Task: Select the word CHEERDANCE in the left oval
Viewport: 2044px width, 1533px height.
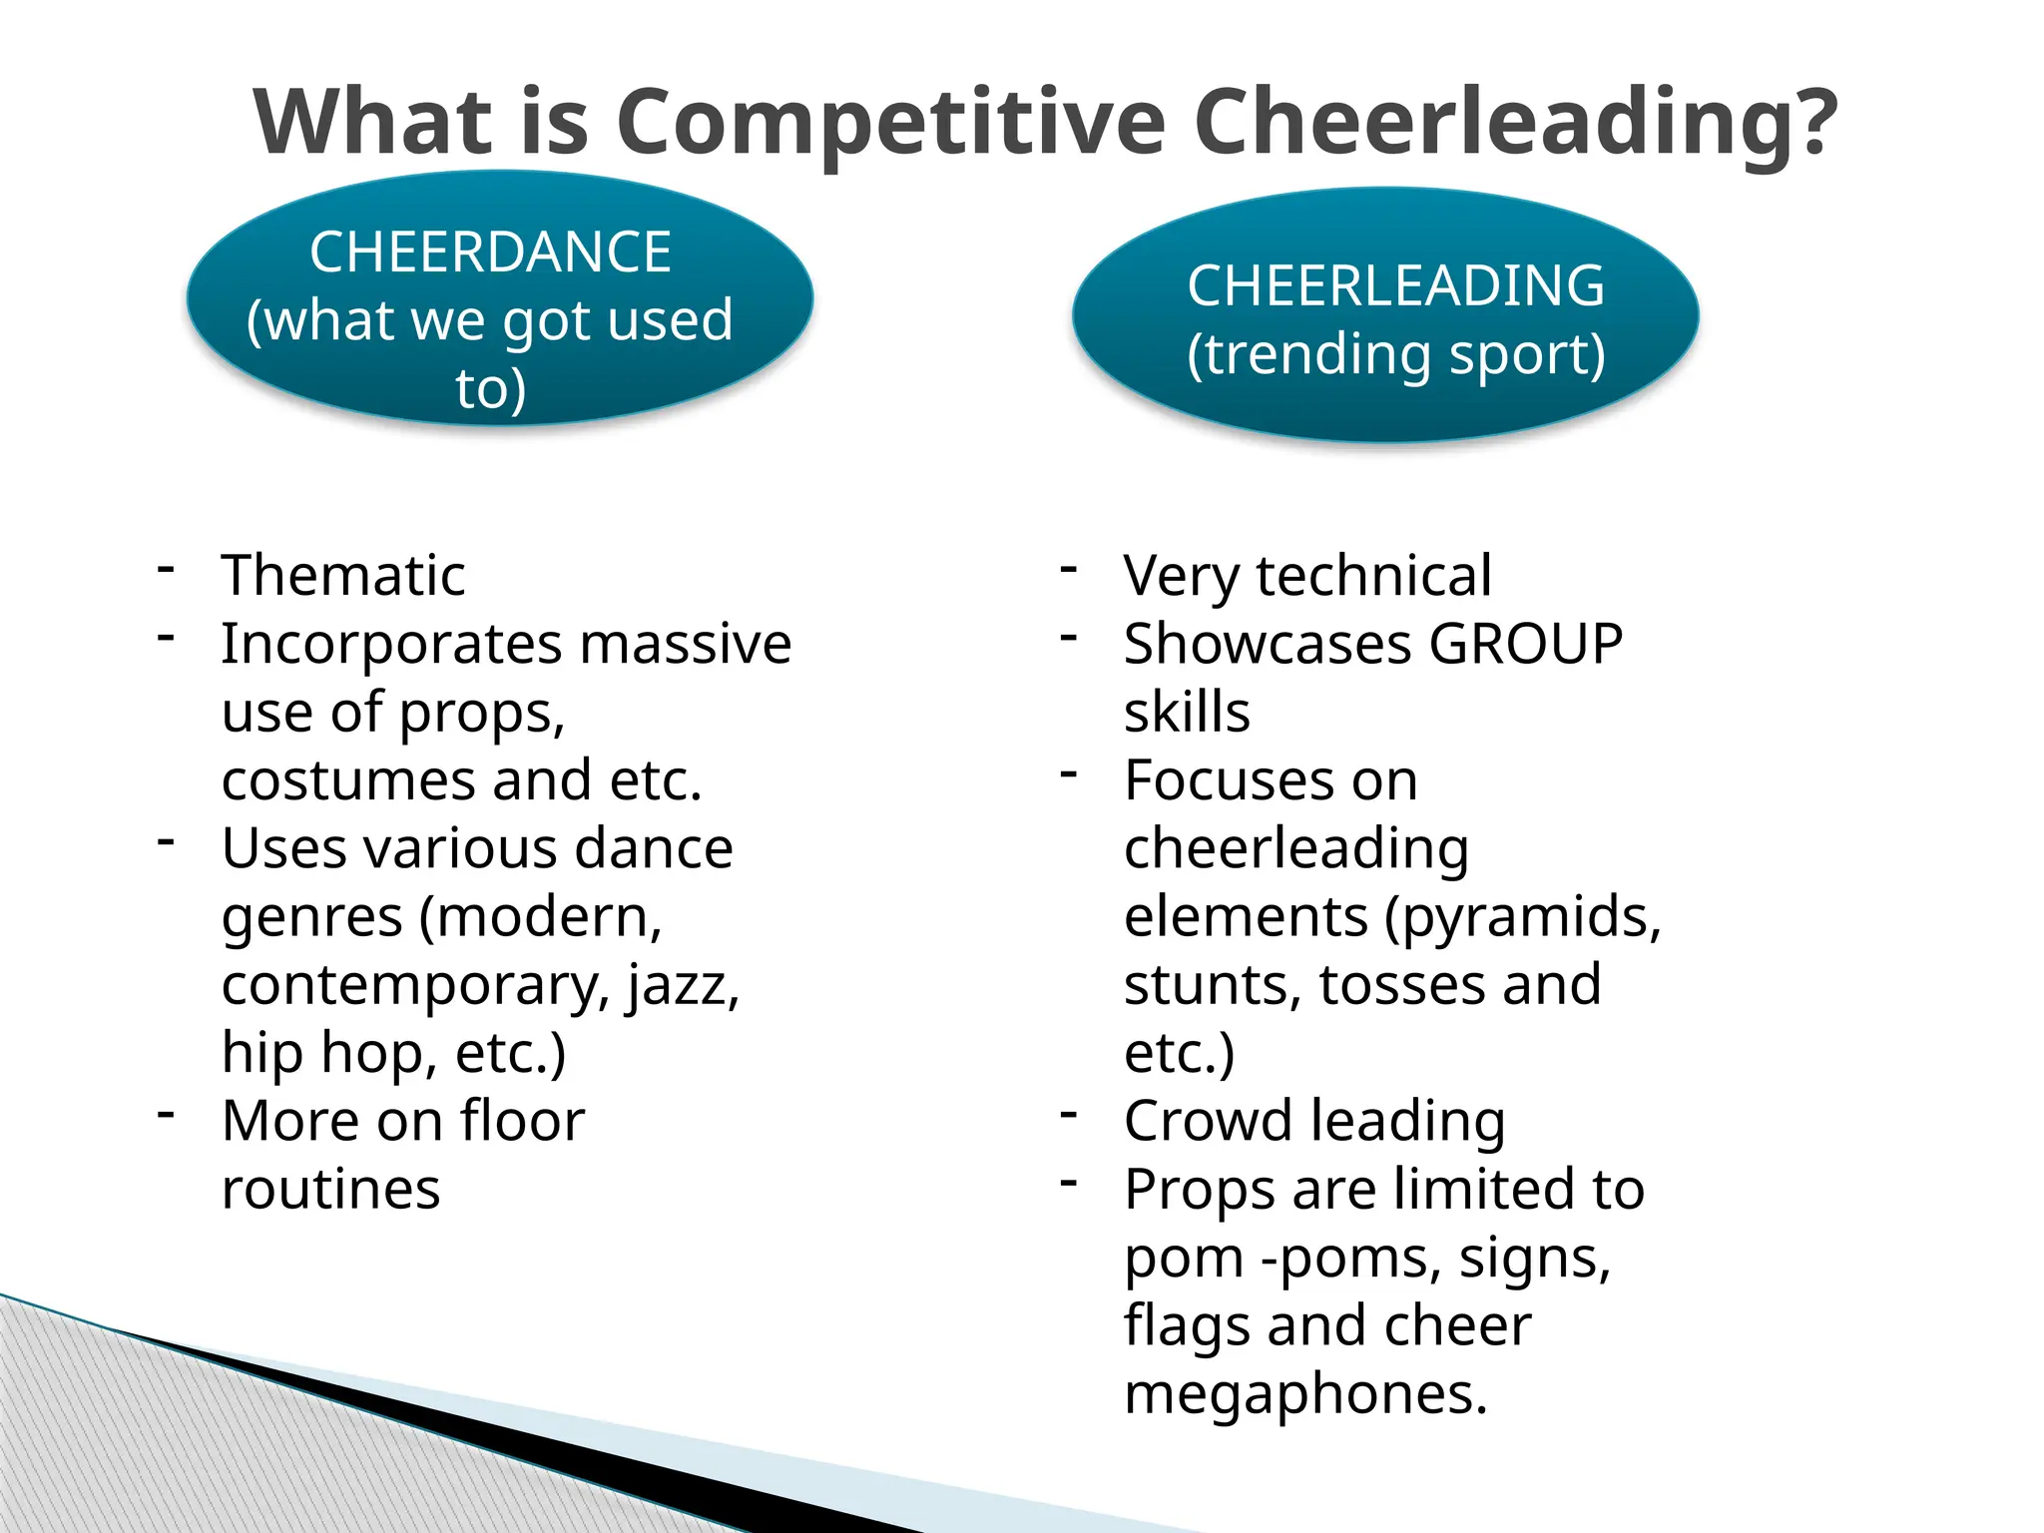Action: pyautogui.click(x=490, y=252)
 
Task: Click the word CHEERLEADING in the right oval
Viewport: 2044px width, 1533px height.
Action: pyautogui.click(x=1395, y=286)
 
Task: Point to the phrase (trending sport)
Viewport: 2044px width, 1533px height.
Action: pyautogui.click(x=1395, y=354)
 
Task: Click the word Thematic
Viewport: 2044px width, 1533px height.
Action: pyautogui.click(x=343, y=576)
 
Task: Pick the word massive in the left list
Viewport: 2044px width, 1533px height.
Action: pyautogui.click(x=686, y=644)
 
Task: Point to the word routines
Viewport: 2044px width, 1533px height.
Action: pyautogui.click(x=330, y=1190)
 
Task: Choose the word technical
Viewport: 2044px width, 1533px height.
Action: pyautogui.click(x=1373, y=576)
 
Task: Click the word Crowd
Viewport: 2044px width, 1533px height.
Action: pyautogui.click(x=1208, y=1121)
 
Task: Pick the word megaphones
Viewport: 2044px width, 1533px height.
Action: pyautogui.click(x=1304, y=1394)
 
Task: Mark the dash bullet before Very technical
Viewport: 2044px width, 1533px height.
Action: pyautogui.click(x=1069, y=569)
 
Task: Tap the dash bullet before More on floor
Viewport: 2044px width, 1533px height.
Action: pyautogui.click(x=166, y=1113)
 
